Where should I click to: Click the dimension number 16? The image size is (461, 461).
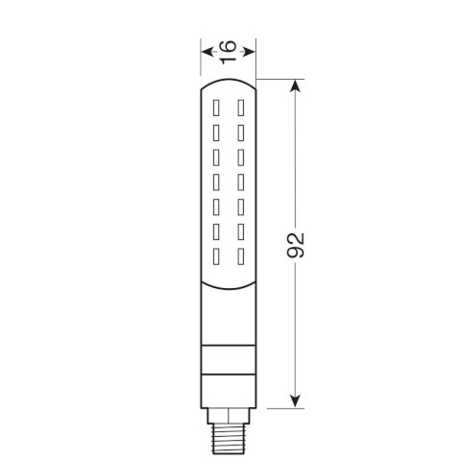229,52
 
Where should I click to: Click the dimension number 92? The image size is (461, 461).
295,245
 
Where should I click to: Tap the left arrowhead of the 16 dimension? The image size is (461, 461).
208,52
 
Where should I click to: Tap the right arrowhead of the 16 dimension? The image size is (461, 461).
249,52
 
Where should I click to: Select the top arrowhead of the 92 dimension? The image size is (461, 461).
295,85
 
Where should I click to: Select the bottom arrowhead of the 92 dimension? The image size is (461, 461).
295,401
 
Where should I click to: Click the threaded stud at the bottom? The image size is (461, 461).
229,439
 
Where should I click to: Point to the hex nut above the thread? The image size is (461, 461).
229,416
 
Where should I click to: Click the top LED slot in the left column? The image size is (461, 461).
216,108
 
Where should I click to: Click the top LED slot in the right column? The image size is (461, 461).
241,108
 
